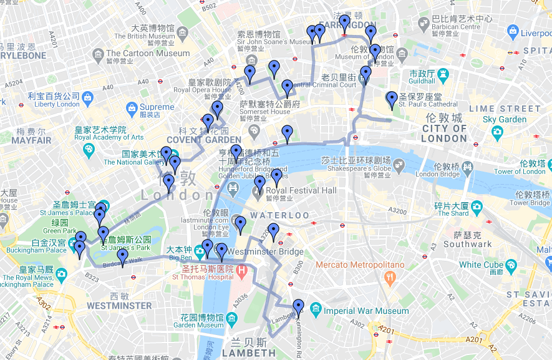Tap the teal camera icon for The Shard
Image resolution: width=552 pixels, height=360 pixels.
pyautogui.click(x=477, y=206)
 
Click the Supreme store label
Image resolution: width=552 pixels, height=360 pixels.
pyautogui.click(x=157, y=107)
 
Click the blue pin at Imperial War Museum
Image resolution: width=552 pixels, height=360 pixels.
pyautogui.click(x=299, y=306)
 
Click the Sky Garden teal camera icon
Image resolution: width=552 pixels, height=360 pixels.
pyautogui.click(x=497, y=132)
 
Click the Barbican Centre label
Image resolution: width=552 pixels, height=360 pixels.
pyautogui.click(x=457, y=27)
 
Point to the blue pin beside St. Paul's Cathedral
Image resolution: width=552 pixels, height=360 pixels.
pyautogui.click(x=391, y=99)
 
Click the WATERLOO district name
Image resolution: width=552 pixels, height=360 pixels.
pyautogui.click(x=279, y=215)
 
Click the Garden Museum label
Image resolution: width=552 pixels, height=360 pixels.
pyautogui.click(x=198, y=325)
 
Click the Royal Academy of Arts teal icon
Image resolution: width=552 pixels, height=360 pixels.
pyautogui.click(x=89, y=149)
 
